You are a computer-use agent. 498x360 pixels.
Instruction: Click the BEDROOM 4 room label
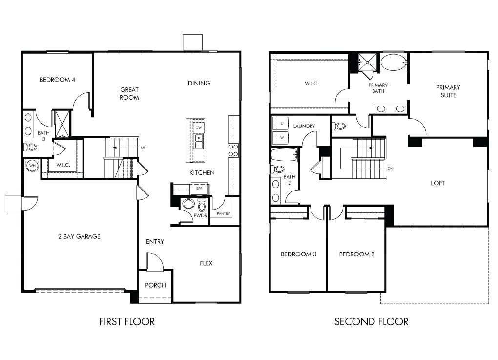(57, 80)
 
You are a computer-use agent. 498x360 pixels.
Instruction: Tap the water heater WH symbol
(32, 165)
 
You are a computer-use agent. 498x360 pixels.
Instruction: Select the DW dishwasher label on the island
(198, 128)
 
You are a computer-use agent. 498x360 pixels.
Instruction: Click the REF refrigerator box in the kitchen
(199, 188)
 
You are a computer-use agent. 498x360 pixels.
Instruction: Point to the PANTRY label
(223, 213)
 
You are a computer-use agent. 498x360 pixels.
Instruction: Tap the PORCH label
(156, 285)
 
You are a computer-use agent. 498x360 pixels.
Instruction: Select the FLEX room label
(206, 263)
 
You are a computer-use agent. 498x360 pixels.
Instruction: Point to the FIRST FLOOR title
(127, 321)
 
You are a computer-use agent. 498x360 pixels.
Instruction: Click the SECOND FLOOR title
(371, 321)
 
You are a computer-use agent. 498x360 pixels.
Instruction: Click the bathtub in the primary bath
(393, 63)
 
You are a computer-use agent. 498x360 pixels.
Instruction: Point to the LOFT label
(438, 183)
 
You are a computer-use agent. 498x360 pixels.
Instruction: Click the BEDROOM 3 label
(298, 254)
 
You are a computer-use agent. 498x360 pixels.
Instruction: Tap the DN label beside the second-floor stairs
(390, 169)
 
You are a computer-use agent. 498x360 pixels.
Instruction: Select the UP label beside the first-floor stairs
(143, 148)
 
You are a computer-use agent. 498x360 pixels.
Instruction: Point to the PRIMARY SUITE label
(448, 91)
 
